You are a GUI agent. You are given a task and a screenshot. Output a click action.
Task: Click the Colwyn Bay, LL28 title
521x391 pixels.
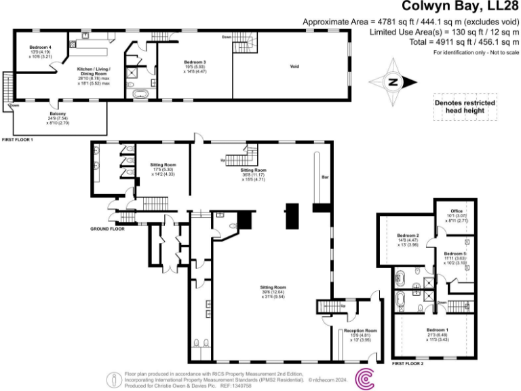461,7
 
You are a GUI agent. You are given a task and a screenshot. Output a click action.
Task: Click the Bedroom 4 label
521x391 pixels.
40,47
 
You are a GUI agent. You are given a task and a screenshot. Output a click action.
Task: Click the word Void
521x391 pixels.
294,67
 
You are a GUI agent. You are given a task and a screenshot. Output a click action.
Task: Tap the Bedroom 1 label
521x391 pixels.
437,331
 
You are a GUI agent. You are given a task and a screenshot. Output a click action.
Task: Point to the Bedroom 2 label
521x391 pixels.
408,235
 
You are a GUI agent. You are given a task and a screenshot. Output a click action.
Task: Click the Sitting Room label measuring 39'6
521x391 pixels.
273,288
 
